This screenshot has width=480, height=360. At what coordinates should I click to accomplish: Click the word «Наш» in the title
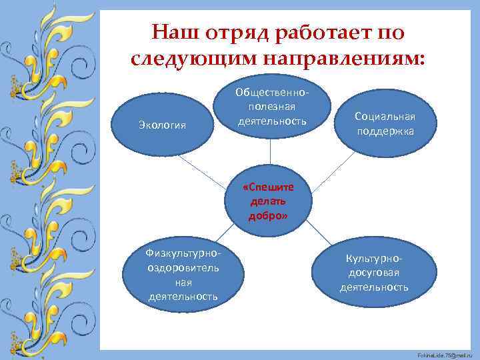coord(173,33)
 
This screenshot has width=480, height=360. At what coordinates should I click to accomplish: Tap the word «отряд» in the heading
coord(231,33)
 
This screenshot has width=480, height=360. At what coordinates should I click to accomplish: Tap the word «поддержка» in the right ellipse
coord(385,131)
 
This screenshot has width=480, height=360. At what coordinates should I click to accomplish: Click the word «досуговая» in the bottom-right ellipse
coord(374,273)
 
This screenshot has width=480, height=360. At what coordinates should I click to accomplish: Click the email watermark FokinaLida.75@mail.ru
coord(447,353)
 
